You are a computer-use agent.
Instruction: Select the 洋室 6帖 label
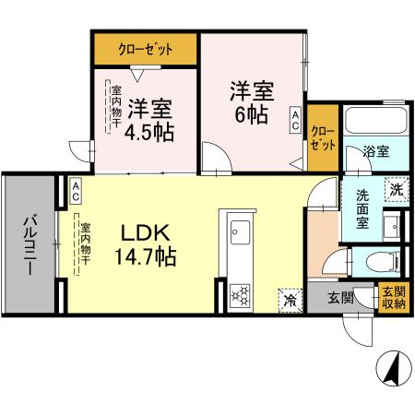tap(251, 101)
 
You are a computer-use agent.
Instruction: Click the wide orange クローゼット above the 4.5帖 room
tap(146, 49)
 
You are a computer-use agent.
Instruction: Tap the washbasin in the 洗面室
tap(392, 226)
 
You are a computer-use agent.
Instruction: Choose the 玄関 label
tap(339, 297)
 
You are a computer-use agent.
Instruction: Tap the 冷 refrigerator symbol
tap(289, 298)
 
